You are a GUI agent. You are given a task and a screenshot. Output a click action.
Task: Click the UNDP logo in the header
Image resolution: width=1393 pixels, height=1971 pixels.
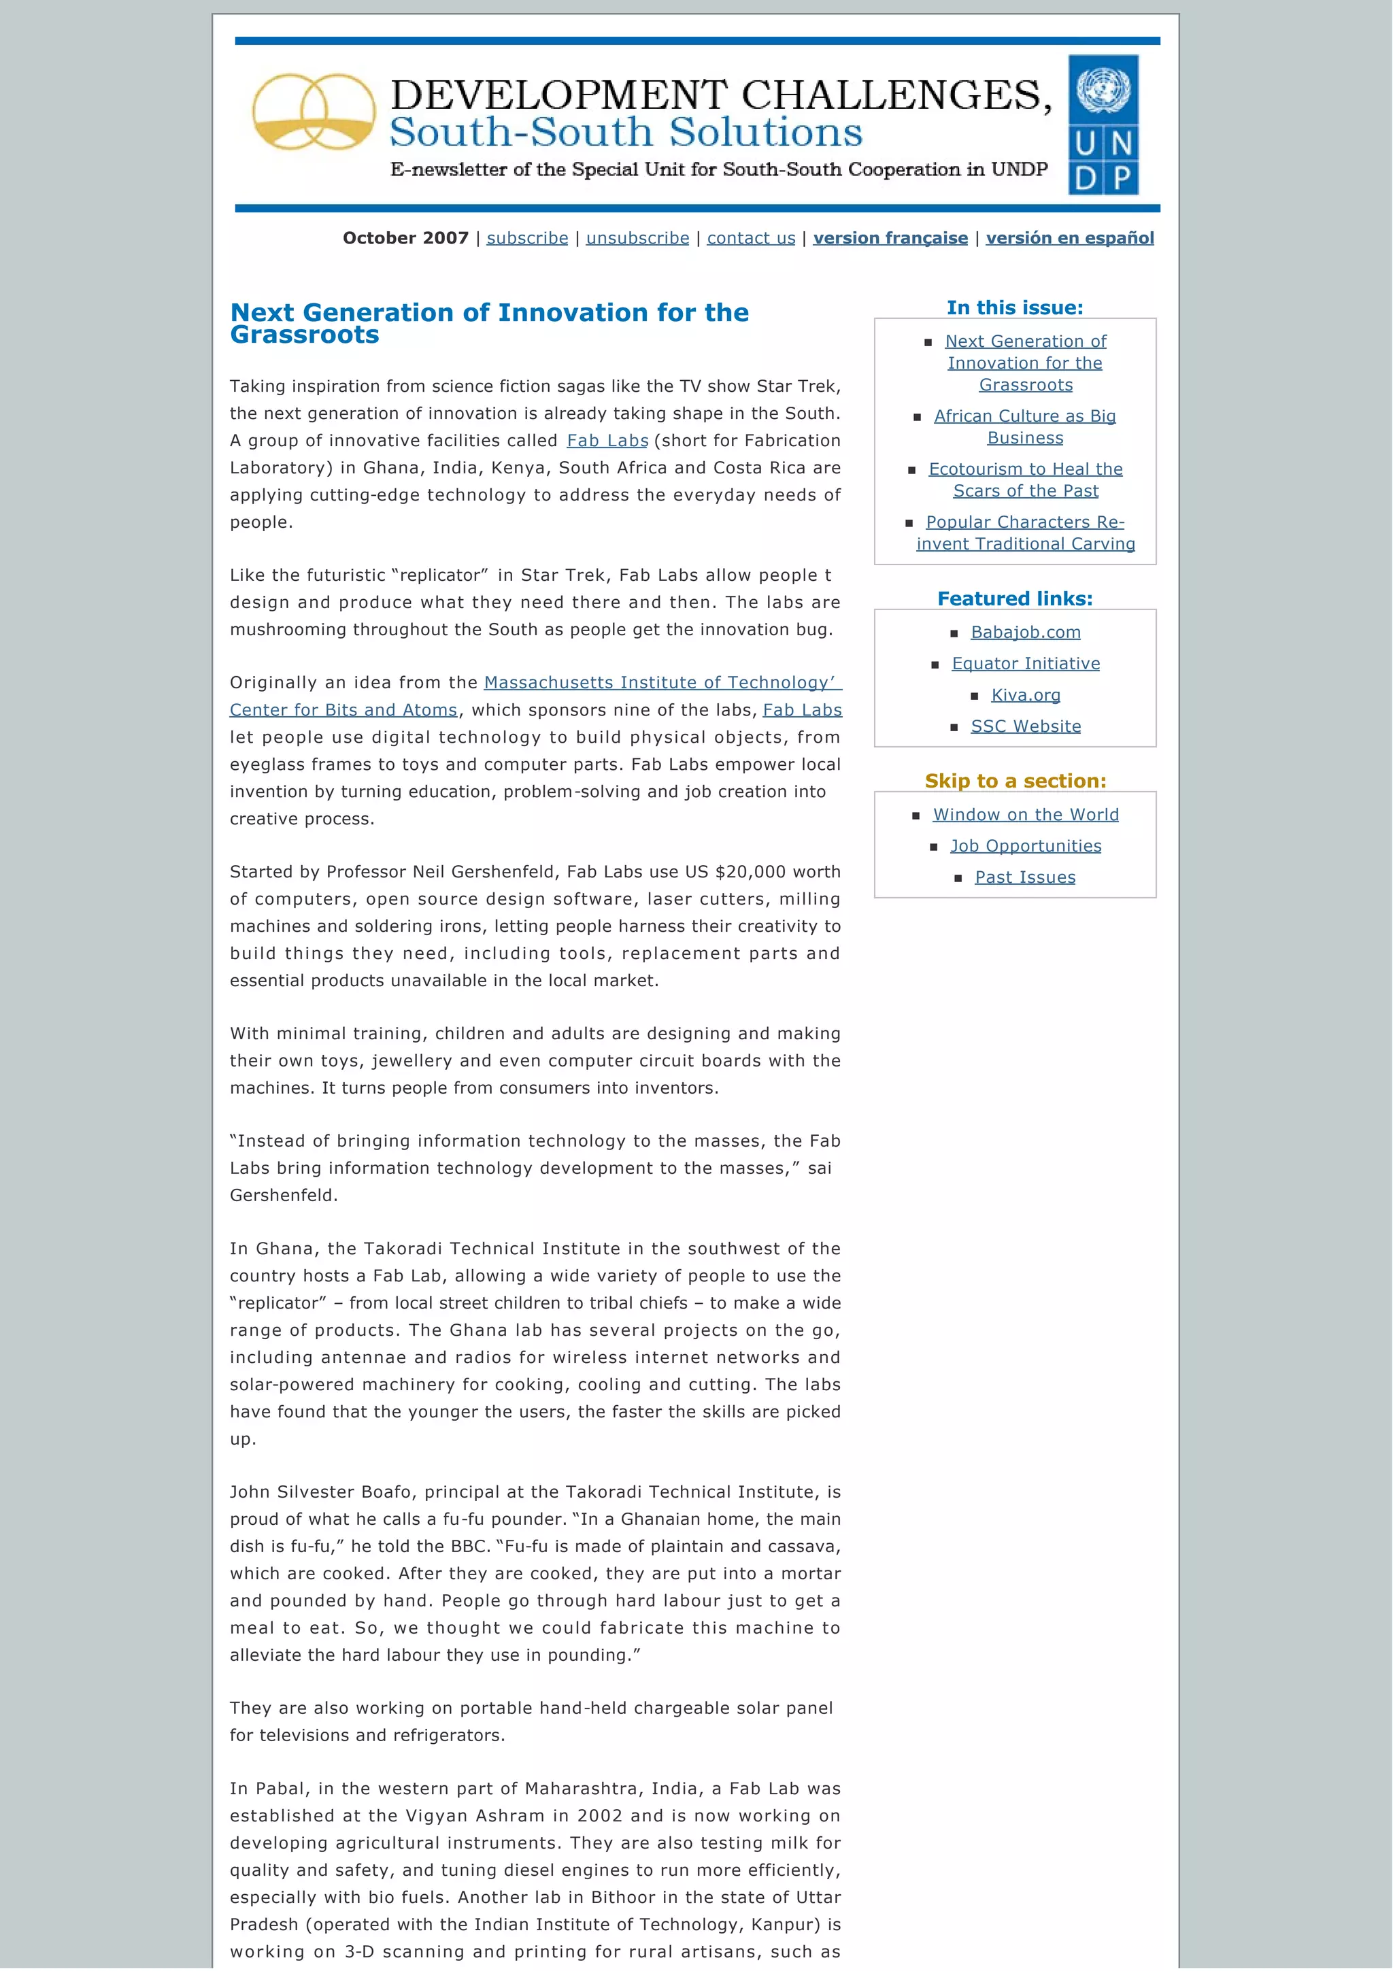[1103, 124]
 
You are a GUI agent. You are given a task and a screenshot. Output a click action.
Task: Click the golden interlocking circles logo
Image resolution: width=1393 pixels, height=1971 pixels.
[314, 112]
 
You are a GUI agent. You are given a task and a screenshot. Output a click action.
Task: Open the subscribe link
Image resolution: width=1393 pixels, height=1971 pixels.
[527, 238]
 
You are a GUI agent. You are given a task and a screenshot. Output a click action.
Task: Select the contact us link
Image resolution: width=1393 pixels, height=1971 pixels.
[751, 238]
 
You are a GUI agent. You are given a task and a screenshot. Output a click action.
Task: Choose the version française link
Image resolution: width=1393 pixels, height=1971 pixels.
[890, 238]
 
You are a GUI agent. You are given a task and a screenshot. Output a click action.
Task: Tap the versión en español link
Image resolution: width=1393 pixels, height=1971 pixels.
[1069, 238]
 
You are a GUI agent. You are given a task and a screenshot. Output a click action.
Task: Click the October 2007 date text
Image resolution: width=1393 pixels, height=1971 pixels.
[405, 238]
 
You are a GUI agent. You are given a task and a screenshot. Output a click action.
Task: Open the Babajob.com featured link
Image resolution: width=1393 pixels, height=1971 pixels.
[1025, 632]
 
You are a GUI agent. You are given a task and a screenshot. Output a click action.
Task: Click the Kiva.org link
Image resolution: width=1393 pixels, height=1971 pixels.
[1025, 694]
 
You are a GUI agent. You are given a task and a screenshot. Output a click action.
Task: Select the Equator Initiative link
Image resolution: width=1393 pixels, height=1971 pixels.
[1025, 664]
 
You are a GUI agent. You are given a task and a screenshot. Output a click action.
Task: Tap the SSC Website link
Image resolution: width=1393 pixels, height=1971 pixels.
[1025, 726]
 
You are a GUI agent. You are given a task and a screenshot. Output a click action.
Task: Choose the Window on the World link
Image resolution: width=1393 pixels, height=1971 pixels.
[1025, 815]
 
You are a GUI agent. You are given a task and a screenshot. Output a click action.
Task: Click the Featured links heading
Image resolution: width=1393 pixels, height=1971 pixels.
[1015, 599]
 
